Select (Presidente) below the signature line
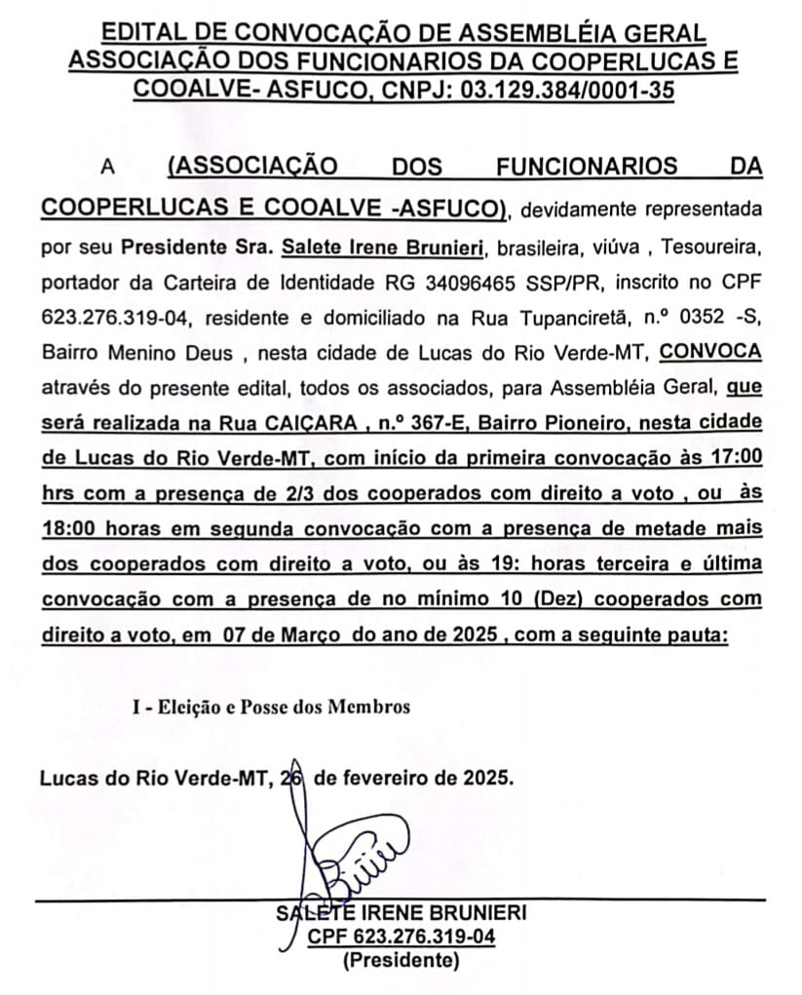pyautogui.click(x=400, y=962)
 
